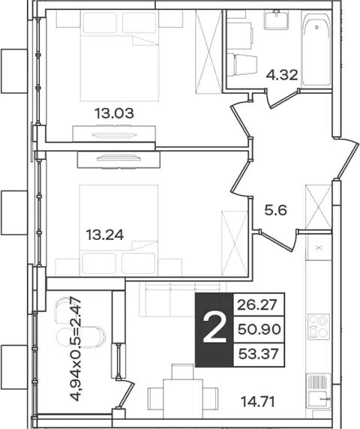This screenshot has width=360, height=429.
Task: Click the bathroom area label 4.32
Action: point(282,75)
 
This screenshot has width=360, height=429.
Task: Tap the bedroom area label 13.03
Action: point(114,113)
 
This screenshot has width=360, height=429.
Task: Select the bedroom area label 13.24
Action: point(105,235)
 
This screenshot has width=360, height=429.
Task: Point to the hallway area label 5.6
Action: point(275,211)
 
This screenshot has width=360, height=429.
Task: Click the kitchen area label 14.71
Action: point(257,402)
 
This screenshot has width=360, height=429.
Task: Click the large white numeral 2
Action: point(214,328)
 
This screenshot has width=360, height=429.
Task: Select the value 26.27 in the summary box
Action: point(257,304)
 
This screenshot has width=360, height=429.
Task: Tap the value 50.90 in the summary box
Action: point(259,329)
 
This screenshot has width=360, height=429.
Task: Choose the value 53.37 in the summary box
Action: point(259,354)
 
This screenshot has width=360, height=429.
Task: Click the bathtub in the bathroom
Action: point(316,49)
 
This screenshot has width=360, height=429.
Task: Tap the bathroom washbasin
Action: point(277,19)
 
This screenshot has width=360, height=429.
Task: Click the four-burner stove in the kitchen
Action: point(318,326)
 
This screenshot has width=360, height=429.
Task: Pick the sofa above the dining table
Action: point(183,299)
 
